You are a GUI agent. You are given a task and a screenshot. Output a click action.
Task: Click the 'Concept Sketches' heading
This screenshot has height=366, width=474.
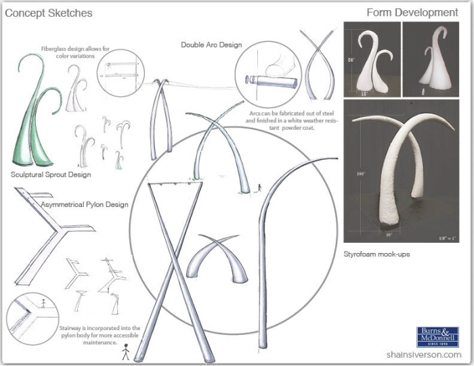pyautogui.click(x=49, y=13)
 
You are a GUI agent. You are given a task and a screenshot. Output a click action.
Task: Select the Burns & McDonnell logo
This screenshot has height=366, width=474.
pyautogui.click(x=437, y=337)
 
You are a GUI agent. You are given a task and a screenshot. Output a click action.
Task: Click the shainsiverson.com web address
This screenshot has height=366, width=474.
pyautogui.click(x=424, y=354)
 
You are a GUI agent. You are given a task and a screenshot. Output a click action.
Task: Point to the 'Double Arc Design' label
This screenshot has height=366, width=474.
pyautogui.click(x=211, y=45)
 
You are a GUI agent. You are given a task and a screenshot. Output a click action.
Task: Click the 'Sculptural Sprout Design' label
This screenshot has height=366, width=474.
pyautogui.click(x=51, y=175)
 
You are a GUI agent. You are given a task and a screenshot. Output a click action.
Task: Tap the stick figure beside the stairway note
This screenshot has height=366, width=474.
pyautogui.click(x=124, y=353)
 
